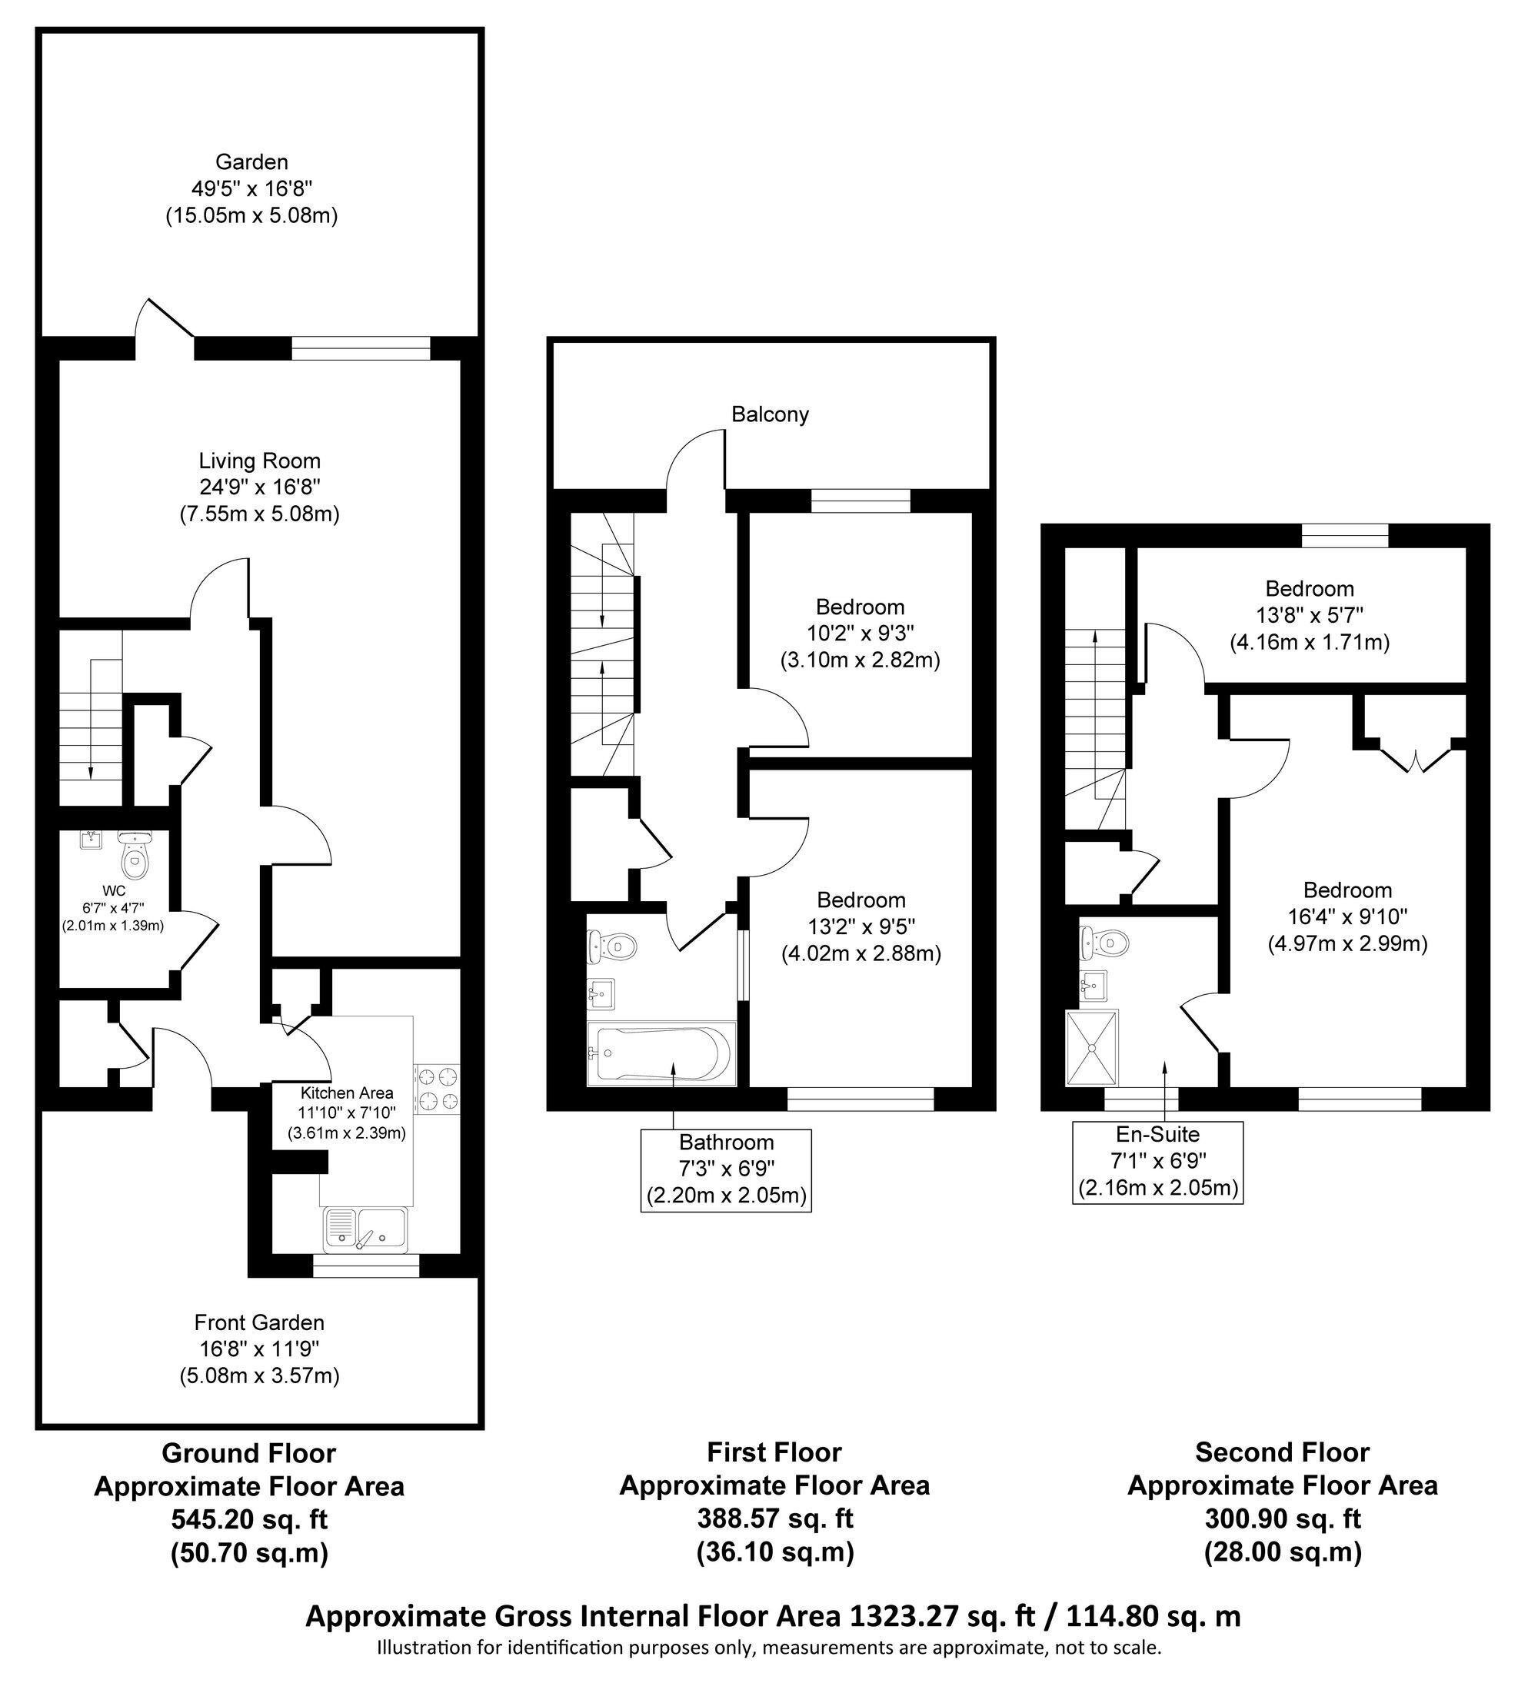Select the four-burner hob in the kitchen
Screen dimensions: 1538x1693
(438, 1089)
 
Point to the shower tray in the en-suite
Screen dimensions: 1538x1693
(1093, 1048)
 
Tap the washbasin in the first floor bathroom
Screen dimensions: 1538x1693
(601, 994)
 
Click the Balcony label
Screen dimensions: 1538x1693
(770, 414)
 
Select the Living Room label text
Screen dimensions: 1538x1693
(260, 461)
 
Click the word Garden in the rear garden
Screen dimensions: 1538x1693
(252, 161)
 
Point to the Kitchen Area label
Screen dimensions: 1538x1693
(347, 1093)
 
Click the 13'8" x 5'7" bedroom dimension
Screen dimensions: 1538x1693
(1310, 616)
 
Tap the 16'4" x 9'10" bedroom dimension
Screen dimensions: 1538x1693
(1347, 916)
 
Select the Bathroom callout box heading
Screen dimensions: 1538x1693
(727, 1142)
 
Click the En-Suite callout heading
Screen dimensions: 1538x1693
(1157, 1135)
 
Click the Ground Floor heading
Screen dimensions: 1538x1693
(248, 1453)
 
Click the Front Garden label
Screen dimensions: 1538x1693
(260, 1322)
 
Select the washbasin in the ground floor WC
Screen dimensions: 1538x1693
(92, 839)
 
